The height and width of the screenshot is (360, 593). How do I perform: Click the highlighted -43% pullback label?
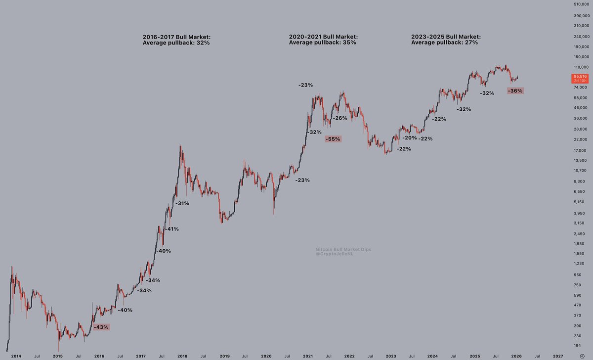pyautogui.click(x=101, y=327)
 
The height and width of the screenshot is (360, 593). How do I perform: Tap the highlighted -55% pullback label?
pyautogui.click(x=333, y=139)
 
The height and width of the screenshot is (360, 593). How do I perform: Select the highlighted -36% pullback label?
pyautogui.click(x=515, y=90)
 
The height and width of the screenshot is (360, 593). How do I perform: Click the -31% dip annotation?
pyautogui.click(x=181, y=203)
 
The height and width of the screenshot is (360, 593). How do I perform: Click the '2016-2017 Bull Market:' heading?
pyautogui.click(x=176, y=37)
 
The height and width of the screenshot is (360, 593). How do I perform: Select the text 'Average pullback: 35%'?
pyautogui.click(x=322, y=43)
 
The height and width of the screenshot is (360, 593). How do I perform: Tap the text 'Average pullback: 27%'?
pyautogui.click(x=444, y=43)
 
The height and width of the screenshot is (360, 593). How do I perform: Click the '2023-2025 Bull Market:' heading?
pyautogui.click(x=446, y=37)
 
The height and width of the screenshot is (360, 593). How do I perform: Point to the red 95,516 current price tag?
pyautogui.click(x=580, y=78)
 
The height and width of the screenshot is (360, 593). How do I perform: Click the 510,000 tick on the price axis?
pyautogui.click(x=579, y=4)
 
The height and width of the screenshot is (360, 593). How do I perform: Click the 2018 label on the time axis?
pyautogui.click(x=183, y=356)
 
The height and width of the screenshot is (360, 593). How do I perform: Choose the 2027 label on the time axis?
pyautogui.click(x=558, y=356)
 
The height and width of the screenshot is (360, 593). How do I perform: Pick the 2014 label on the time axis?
pyautogui.click(x=16, y=356)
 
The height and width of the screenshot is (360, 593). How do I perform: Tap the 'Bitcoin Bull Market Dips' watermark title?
pyautogui.click(x=343, y=250)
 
